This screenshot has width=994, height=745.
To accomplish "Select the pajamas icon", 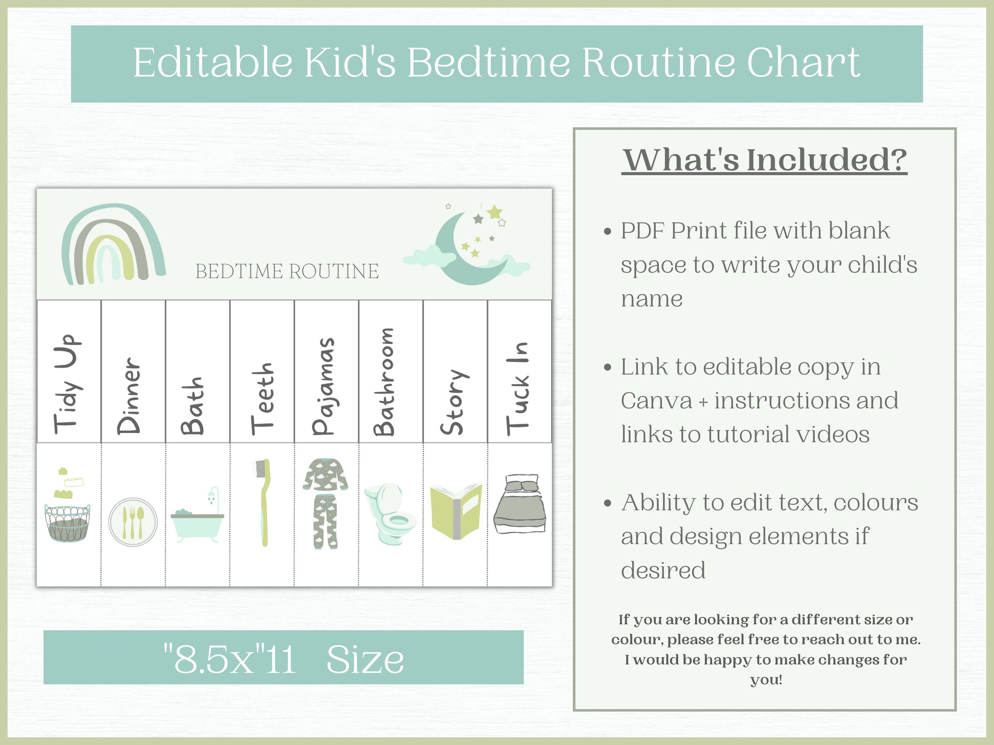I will (326, 503).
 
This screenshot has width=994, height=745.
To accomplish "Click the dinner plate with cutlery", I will (133, 521).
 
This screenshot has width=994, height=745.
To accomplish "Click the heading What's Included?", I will (764, 160).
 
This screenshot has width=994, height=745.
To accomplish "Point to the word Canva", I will (656, 400).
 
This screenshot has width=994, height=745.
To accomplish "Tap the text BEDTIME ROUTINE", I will (287, 271).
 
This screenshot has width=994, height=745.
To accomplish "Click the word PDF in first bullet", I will (644, 231).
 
